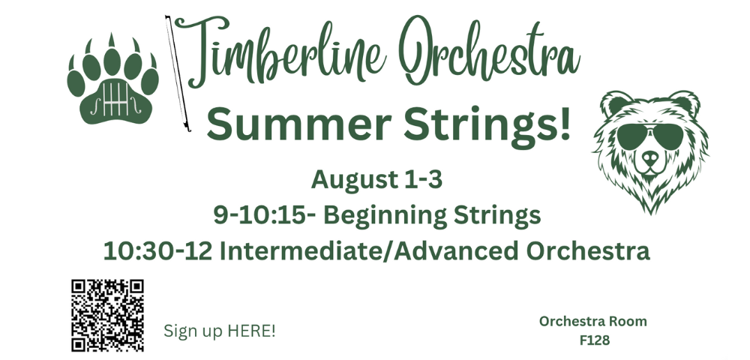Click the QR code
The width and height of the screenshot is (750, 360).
click(x=107, y=316)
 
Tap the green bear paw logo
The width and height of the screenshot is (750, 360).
click(x=113, y=81)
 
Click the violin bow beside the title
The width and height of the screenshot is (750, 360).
click(x=178, y=73)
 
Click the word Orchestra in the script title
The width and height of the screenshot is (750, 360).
click(x=490, y=52)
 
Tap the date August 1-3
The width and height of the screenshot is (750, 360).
click(x=376, y=180)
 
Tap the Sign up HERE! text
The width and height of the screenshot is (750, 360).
click(x=220, y=331)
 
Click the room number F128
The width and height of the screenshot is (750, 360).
click(x=595, y=340)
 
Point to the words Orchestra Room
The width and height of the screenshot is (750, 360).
click(x=593, y=321)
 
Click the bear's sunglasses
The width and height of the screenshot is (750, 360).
click(x=649, y=136)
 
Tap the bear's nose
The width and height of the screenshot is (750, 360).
click(x=650, y=156)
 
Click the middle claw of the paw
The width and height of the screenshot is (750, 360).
click(x=112, y=40)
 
